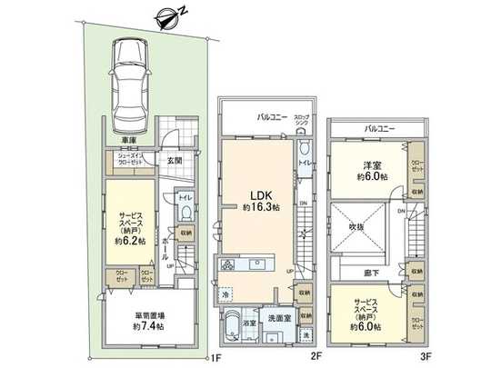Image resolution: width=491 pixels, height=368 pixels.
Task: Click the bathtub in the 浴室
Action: [234, 323]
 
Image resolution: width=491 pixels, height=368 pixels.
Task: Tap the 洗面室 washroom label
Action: [279, 317]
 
